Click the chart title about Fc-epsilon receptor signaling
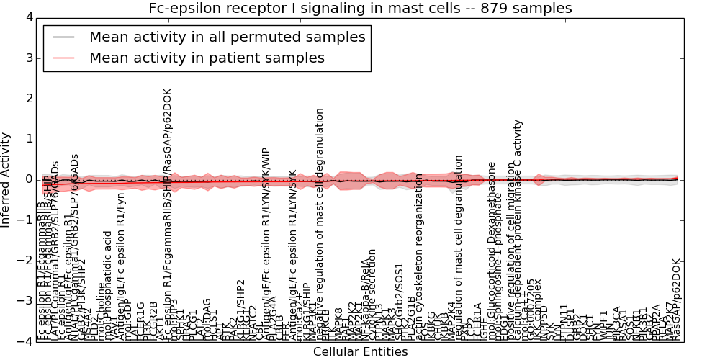(360, 9)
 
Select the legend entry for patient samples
(207, 58)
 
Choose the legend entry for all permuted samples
(227, 37)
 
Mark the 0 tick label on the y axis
(28, 179)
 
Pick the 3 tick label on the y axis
(28, 58)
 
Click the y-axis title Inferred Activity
(6, 179)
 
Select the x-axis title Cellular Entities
(360, 352)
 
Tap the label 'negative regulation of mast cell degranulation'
(320, 223)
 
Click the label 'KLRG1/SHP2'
(240, 310)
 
